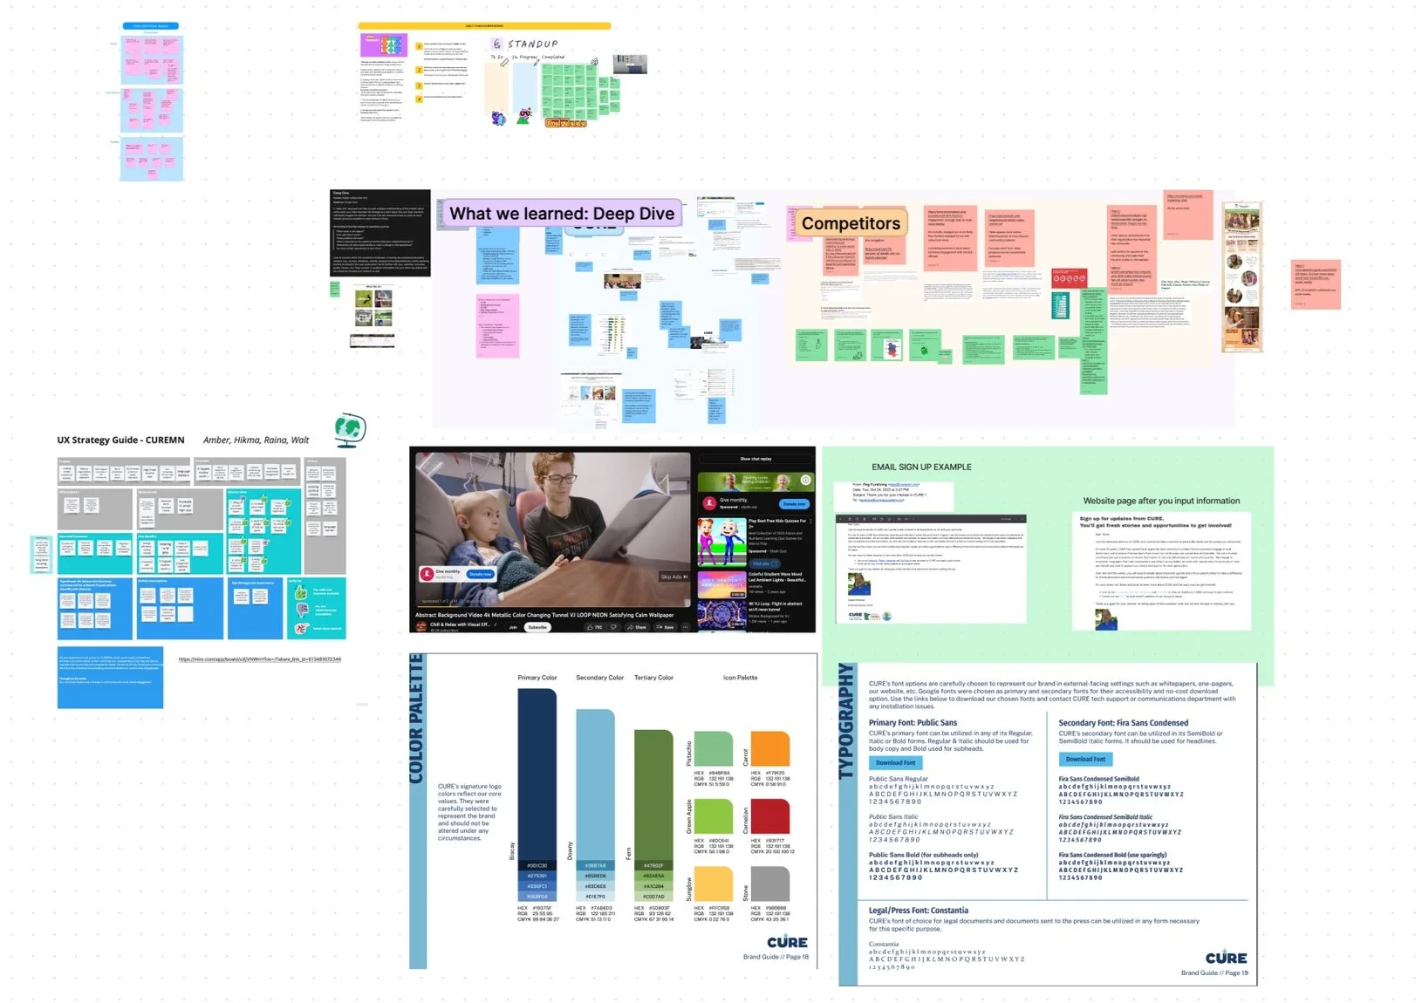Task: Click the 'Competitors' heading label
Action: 851,224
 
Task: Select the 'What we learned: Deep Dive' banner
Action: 561,214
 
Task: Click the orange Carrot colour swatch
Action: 769,749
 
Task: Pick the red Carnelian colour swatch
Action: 769,816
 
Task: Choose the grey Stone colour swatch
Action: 769,884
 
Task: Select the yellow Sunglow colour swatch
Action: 713,884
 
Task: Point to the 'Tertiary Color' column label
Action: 653,678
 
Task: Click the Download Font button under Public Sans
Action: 896,762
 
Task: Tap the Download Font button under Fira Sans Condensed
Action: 1085,759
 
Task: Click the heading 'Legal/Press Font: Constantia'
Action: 918,911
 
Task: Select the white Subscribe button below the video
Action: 537,627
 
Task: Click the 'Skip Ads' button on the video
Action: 673,577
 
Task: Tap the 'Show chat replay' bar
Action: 755,459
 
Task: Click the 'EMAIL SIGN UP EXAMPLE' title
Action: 921,467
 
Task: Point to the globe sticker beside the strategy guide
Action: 350,429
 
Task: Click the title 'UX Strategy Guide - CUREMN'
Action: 120,440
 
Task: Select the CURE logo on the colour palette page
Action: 787,942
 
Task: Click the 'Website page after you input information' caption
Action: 1161,501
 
